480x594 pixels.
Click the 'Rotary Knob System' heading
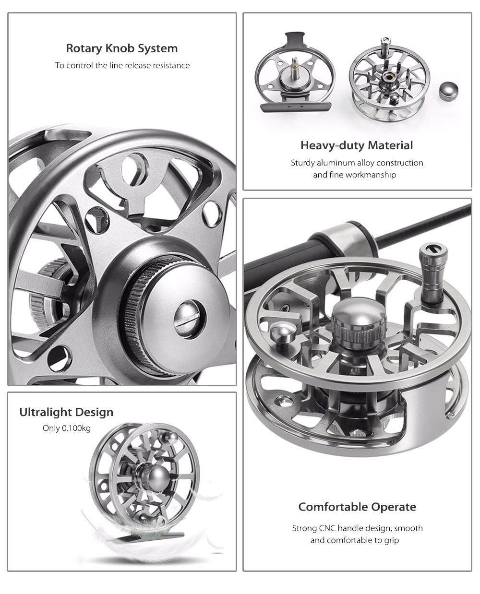tap(122, 48)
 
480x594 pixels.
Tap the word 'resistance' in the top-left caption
tap(172, 65)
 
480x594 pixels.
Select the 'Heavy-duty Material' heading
tap(357, 145)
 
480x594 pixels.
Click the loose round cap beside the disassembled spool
tap(448, 91)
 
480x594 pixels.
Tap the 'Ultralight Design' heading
tap(66, 412)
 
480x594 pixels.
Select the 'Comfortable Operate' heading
tap(357, 507)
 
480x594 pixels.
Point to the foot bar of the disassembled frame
tap(296, 107)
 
